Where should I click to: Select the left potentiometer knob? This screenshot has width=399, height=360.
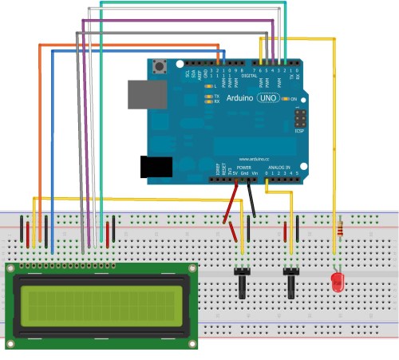(240, 283)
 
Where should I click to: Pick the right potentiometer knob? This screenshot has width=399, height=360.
(290, 283)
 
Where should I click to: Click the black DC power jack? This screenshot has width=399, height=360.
(156, 166)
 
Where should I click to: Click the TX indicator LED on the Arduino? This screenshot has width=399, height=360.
(208, 97)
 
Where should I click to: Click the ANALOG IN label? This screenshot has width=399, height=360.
(279, 167)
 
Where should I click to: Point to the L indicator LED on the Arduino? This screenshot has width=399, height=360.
(208, 85)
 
